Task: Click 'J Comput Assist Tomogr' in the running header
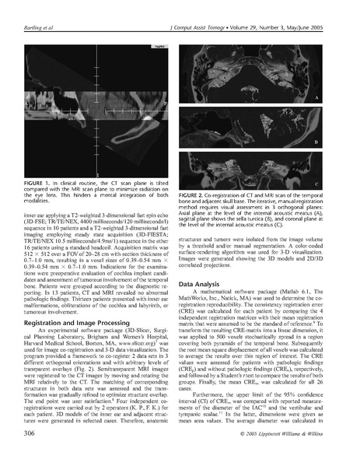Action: point(195,9)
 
